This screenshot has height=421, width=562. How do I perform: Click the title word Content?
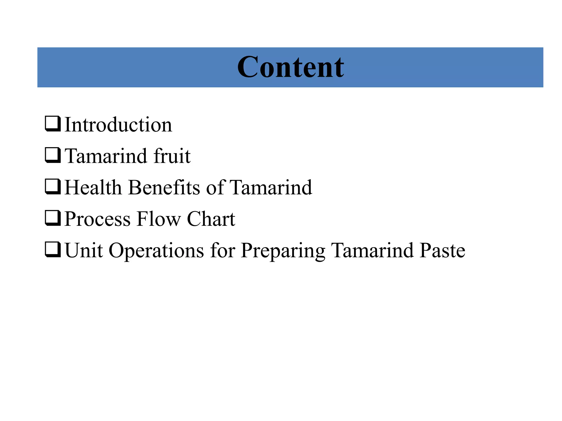290,67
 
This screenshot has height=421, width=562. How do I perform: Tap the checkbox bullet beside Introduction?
53,124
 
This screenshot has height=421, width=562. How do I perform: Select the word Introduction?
118,125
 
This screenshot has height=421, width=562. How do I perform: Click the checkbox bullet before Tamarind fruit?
53,155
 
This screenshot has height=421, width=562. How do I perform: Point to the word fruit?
172,156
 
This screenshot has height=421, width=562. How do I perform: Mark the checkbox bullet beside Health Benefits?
53,187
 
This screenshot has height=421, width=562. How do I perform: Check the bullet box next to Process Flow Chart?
53,218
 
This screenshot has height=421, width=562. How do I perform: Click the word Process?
97,219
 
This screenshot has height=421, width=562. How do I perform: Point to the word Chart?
211,219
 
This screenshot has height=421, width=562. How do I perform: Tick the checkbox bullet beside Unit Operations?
53,250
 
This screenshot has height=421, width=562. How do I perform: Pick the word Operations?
156,251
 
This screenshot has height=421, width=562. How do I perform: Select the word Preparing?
283,251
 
